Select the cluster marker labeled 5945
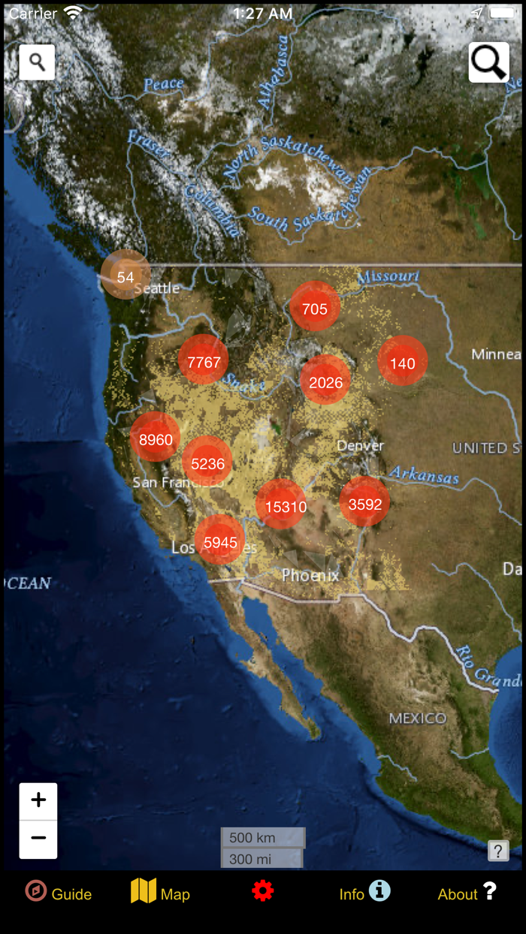(220, 541)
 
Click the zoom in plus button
(38, 801)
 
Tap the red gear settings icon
(262, 892)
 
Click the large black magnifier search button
(489, 62)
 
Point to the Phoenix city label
(310, 575)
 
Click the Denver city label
(360, 445)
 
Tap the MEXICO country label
(418, 719)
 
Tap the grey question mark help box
(498, 851)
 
